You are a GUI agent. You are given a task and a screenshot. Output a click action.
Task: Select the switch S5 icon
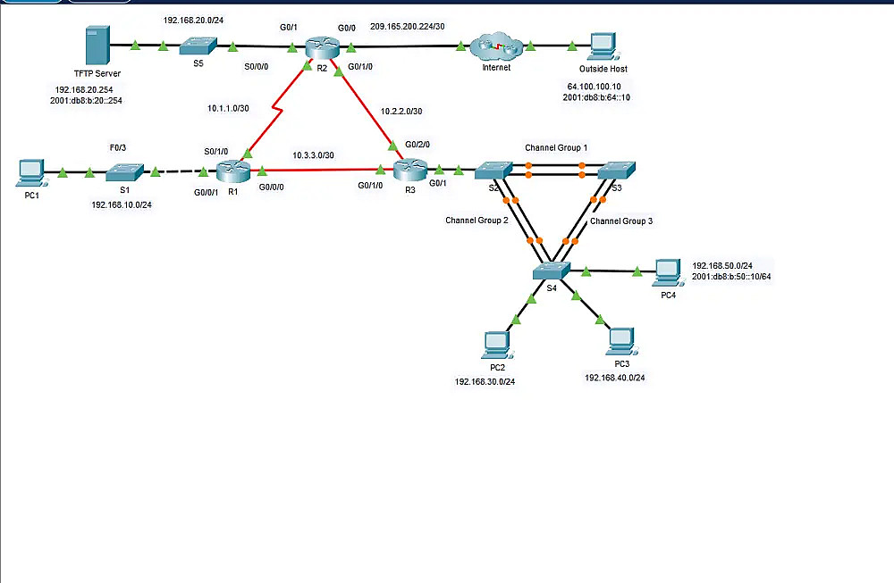coord(197,45)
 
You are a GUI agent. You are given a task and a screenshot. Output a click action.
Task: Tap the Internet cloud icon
coord(496,45)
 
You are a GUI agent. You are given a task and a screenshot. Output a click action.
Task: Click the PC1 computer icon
coord(30,171)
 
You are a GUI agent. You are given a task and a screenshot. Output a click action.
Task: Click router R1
coord(233,168)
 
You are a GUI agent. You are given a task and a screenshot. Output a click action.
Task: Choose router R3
coord(410,168)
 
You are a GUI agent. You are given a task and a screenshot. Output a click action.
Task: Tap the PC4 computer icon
coord(667,271)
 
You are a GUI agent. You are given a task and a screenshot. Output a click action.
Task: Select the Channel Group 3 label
coord(621,221)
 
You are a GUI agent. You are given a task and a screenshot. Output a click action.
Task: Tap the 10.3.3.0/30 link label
coord(313,154)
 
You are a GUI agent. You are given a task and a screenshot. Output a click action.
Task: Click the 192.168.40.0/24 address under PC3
coord(614,378)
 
